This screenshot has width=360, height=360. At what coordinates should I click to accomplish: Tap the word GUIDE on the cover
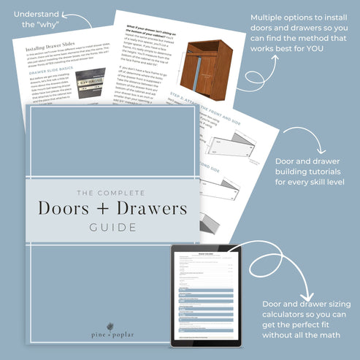coord(112,227)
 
